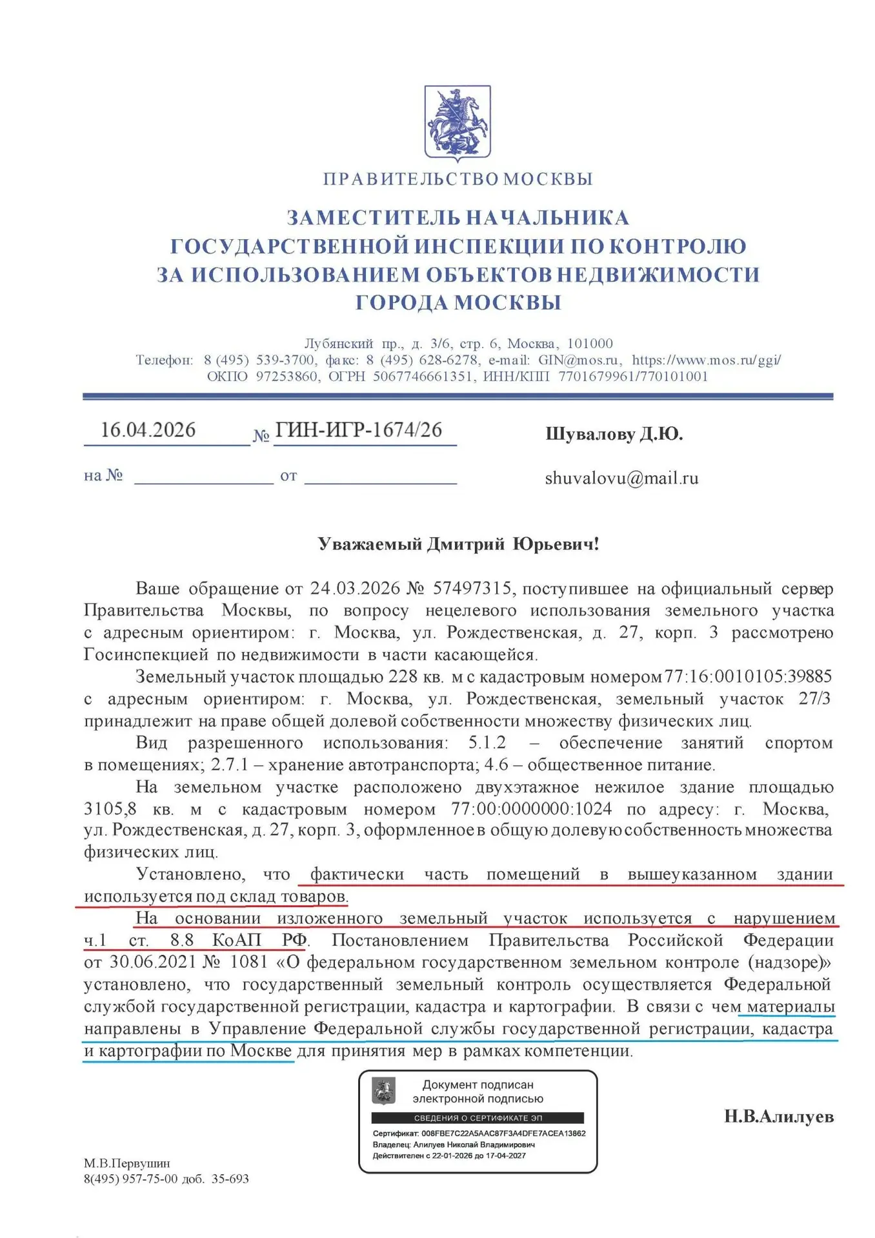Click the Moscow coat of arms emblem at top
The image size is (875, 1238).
pos(457,122)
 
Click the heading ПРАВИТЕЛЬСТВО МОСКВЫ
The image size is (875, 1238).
pos(458,179)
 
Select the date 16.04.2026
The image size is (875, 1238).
pos(148,430)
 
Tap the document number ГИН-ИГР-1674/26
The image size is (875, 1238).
pos(359,430)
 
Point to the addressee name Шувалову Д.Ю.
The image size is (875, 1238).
pos(614,435)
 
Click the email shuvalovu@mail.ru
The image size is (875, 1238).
pos(621,478)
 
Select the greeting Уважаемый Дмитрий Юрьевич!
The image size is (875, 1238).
pos(458,544)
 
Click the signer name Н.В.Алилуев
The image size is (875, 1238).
pos(778,1117)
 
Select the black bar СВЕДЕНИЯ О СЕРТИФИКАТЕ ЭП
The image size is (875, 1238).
pos(478,1117)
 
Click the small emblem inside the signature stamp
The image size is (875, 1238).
pos(384,1092)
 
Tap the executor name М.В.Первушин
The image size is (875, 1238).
pos(127,1163)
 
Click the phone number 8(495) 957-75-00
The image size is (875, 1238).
pos(130,1179)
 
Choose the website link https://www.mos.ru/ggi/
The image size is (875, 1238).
pos(706,360)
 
